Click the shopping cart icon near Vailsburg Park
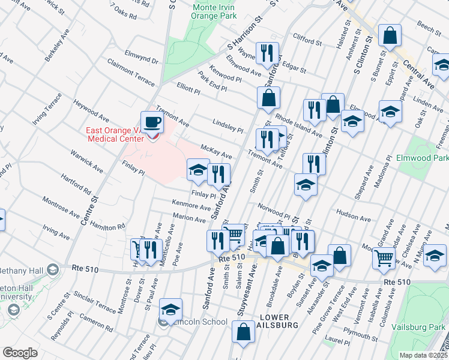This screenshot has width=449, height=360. click(384, 257)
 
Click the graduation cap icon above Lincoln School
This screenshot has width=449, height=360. click(171, 309)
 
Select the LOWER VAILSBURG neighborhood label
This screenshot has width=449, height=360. click(279, 320)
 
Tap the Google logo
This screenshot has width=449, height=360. click(20, 353)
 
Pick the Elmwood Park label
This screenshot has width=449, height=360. click(422, 158)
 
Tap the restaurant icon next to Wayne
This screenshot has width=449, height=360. click(264, 52)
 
